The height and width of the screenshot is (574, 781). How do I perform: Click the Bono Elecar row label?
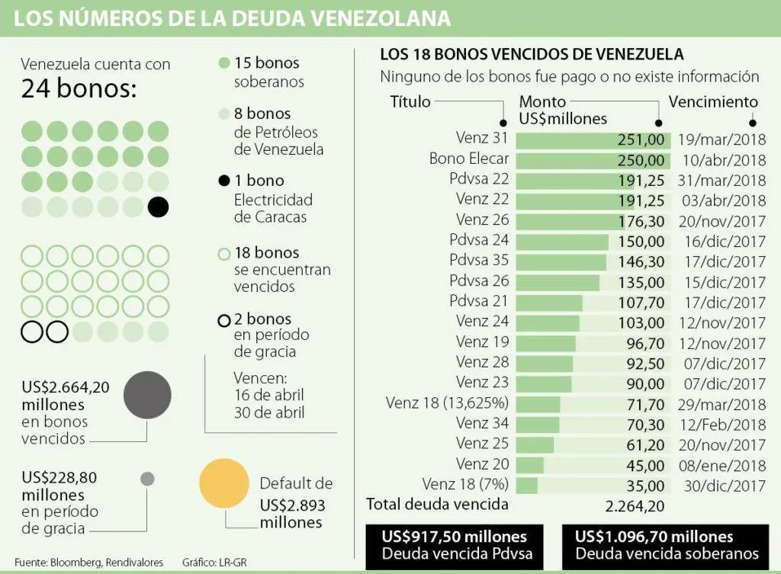(469, 160)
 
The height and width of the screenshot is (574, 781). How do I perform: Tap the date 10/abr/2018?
(721, 160)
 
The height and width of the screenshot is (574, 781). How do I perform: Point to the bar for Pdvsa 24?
(562, 242)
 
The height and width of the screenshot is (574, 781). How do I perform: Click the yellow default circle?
(224, 483)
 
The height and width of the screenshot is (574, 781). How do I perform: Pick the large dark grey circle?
(147, 396)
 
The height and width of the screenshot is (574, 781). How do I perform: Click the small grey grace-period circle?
(147, 479)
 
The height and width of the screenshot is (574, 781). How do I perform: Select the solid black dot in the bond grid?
(158, 207)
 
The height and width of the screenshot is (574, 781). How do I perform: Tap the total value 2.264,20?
(634, 505)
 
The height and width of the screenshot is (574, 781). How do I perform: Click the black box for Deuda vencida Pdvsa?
(457, 545)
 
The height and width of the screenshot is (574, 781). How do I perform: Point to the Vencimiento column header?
(713, 102)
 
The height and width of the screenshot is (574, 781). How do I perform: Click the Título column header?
(410, 102)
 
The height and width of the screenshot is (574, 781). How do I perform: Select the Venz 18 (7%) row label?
(465, 484)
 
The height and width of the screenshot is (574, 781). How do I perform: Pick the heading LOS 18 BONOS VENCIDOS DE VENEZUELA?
(532, 55)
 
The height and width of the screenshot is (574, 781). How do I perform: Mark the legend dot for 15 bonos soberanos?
(223, 64)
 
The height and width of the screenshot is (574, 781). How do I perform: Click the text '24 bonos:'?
(79, 90)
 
